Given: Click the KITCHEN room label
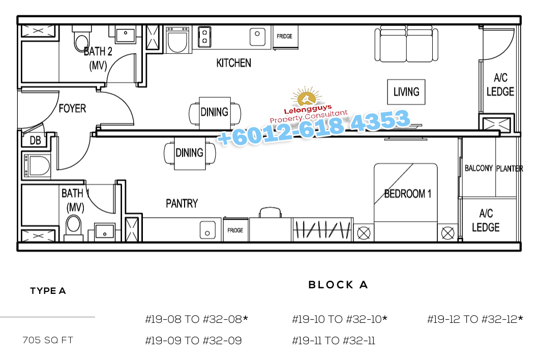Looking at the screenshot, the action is [x=234, y=63].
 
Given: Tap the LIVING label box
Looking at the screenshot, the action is [x=406, y=92].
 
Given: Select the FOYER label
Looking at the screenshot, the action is [x=72, y=108].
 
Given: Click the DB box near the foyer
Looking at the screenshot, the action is [x=35, y=140].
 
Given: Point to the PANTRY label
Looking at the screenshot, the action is [x=182, y=203].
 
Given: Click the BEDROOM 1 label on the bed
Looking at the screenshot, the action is [x=408, y=194].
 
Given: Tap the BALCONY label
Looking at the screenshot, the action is [x=478, y=168].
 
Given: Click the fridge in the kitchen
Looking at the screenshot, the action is [x=285, y=37].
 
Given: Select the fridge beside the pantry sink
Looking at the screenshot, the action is [x=235, y=230].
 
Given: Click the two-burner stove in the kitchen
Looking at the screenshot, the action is [x=204, y=37].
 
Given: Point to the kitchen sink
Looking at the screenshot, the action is [x=257, y=37].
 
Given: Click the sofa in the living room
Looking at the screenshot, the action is [x=406, y=44].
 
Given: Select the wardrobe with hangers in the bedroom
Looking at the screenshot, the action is [x=322, y=229].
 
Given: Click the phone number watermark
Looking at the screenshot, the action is [x=314, y=128].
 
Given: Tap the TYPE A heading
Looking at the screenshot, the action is [x=48, y=291].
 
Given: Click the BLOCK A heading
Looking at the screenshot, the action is [x=338, y=285].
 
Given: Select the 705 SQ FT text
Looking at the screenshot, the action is [x=48, y=340].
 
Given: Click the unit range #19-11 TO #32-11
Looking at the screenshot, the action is [x=334, y=340].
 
